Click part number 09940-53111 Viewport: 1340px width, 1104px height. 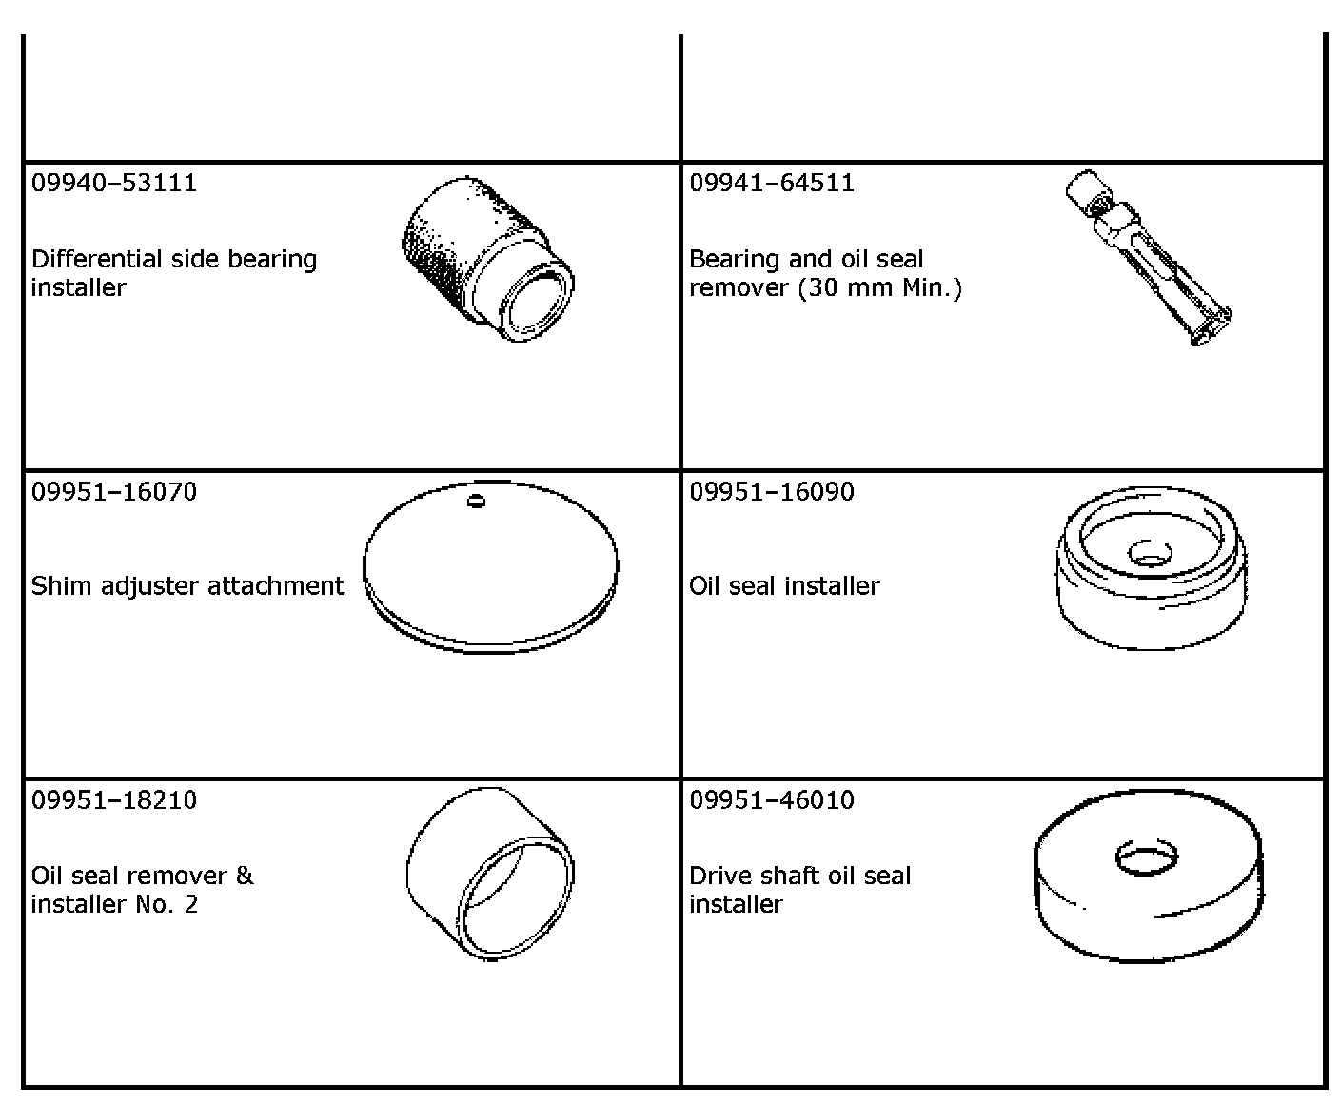tap(114, 183)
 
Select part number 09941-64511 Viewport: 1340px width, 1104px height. tap(772, 183)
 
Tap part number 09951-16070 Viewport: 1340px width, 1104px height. tap(114, 492)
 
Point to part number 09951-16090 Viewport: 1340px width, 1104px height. tap(772, 492)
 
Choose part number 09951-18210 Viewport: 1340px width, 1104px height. tap(114, 800)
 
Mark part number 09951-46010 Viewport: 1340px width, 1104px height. tap(772, 800)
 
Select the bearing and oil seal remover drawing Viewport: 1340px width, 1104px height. tap(1148, 257)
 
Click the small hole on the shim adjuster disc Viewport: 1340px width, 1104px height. tap(477, 501)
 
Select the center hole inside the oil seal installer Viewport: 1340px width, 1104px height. tap(1148, 553)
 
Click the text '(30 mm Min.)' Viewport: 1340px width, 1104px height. tap(879, 287)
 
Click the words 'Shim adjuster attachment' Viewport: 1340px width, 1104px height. tap(187, 586)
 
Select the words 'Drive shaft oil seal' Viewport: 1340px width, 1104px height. tap(799, 877)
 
